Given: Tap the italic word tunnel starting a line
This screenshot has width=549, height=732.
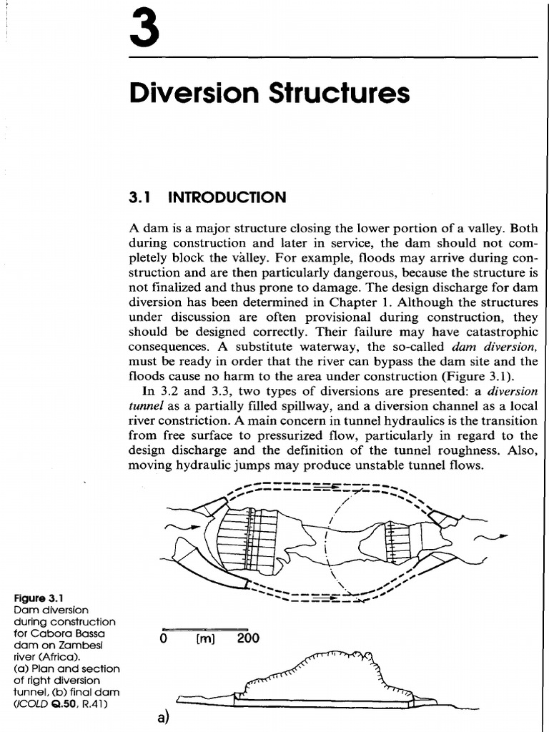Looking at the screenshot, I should [x=144, y=406].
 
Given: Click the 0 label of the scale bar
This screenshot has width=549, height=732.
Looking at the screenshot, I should [x=164, y=638].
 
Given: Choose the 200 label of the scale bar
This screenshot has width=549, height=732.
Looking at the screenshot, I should [x=247, y=638].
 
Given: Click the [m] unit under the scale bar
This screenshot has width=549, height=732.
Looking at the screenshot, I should [x=205, y=638].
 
